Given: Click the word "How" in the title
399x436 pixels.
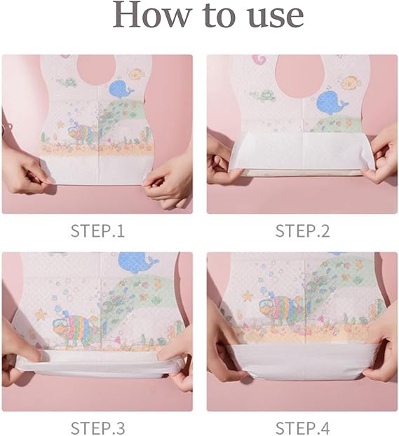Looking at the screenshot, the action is (152, 15).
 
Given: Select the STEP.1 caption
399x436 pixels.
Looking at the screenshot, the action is (97, 231).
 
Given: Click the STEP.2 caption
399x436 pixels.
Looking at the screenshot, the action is (302, 231).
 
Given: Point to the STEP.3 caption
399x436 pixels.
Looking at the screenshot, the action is (97, 428).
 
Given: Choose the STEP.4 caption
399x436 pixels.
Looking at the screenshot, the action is (302, 428).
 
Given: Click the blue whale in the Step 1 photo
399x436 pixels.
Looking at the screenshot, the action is (121, 89).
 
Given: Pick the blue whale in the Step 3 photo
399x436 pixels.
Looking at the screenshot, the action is (136, 262).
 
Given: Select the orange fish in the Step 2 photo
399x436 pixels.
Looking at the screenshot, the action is (351, 82).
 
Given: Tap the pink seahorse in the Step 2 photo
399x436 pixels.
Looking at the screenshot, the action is (258, 59).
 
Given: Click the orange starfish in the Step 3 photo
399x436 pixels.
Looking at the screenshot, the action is (41, 314).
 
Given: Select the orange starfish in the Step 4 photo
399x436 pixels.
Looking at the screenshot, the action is (247, 296).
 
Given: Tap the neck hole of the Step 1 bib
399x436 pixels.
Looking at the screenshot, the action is (96, 70).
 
